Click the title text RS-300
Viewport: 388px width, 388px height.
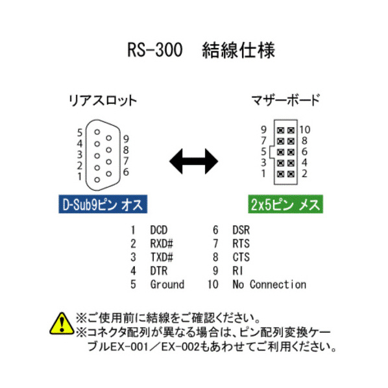[x=155, y=50]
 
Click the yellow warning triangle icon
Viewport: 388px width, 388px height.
[x=62, y=323]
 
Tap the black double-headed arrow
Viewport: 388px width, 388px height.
[x=193, y=162]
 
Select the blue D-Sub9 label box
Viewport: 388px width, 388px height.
[x=103, y=204]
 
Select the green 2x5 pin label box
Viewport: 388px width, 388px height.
[x=285, y=204]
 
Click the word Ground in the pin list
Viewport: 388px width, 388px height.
[x=167, y=284]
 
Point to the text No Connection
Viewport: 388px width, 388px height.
[x=269, y=284]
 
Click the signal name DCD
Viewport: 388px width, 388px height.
[x=158, y=230]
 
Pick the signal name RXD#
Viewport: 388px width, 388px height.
[x=162, y=244]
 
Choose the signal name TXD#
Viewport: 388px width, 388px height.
[x=162, y=257]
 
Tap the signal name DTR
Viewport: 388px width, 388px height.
[x=158, y=271]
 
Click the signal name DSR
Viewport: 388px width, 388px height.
[x=241, y=230]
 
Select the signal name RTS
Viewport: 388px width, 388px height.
[x=241, y=244]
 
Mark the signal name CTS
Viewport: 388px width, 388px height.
[x=241, y=257]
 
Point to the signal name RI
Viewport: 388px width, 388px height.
[x=237, y=271]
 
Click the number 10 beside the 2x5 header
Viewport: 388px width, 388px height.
[x=305, y=130]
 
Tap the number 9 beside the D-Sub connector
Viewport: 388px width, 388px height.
[x=127, y=139]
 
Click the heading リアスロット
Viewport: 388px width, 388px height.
[x=103, y=101]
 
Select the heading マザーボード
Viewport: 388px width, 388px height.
[x=285, y=100]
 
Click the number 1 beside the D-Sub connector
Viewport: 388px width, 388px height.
[x=79, y=176]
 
